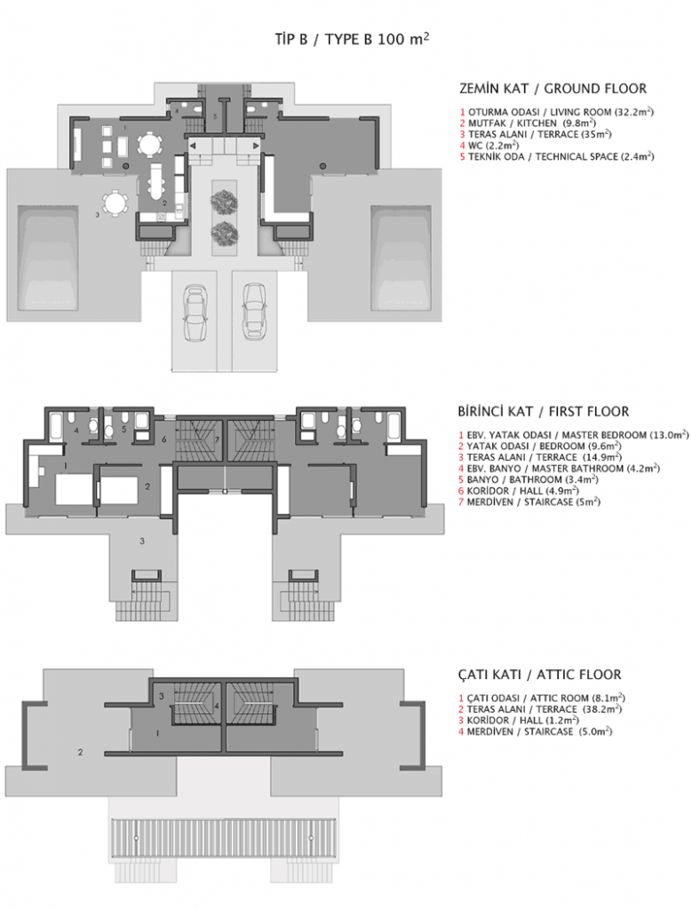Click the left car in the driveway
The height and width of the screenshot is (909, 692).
coord(195,313)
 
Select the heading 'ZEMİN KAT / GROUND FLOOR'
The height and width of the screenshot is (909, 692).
coord(553,89)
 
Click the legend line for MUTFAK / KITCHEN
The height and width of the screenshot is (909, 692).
coord(533,123)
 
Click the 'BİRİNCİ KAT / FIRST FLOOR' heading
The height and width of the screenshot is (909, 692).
coord(544,412)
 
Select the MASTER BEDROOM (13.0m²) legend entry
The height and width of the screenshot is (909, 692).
coord(574,435)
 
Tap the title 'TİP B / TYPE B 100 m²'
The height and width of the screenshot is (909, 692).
coord(353,39)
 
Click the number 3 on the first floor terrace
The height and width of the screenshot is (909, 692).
coord(140,540)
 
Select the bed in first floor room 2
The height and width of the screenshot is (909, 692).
coord(117,489)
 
